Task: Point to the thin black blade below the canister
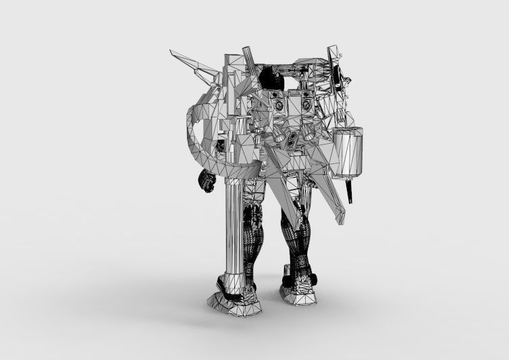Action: [351, 192]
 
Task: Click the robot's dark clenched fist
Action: [206, 181]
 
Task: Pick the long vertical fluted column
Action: [231, 230]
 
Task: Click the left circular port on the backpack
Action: [277, 104]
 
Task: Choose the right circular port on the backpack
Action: [308, 105]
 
